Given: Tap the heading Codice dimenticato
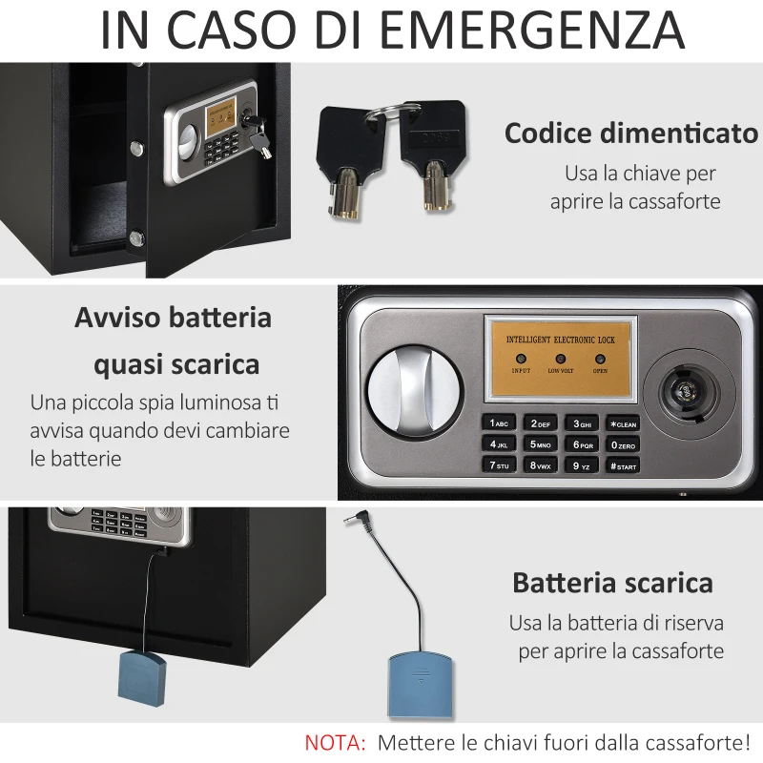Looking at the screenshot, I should click(x=631, y=134).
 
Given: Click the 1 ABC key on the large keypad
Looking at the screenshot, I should click(x=502, y=423).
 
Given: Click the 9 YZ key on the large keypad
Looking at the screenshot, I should click(x=582, y=466).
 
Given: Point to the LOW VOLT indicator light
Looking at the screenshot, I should click(x=560, y=360).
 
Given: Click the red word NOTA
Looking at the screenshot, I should click(x=335, y=741).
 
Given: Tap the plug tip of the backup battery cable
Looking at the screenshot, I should click(x=351, y=524).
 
